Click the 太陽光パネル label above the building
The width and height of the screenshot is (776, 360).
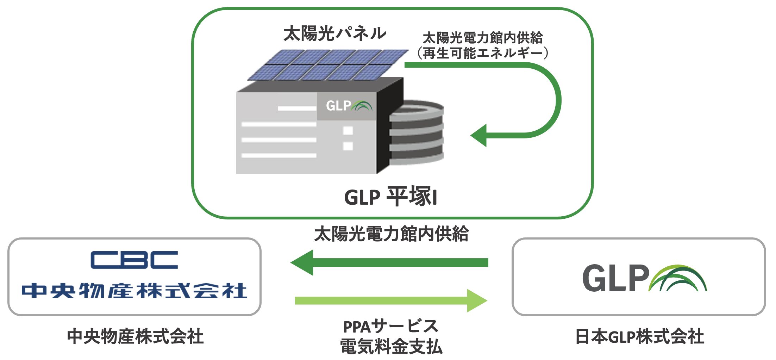(x=334, y=33)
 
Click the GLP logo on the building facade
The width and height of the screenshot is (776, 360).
(x=348, y=106)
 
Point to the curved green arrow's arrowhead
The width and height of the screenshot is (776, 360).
(x=479, y=135)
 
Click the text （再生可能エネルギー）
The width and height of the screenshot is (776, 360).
(x=482, y=53)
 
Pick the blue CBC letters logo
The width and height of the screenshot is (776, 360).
(x=134, y=260)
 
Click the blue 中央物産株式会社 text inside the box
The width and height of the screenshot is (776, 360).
(x=134, y=291)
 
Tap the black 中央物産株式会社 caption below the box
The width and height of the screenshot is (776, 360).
(x=135, y=336)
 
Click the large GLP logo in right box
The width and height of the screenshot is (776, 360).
(x=644, y=278)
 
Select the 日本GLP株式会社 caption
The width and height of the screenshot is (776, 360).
(x=639, y=336)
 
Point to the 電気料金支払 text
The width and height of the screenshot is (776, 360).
(x=391, y=347)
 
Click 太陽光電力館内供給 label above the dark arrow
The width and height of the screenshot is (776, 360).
(x=391, y=234)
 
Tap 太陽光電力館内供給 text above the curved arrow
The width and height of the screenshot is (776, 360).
(x=482, y=37)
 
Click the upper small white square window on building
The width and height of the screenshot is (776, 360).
(x=348, y=131)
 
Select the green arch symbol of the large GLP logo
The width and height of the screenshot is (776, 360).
(x=678, y=278)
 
